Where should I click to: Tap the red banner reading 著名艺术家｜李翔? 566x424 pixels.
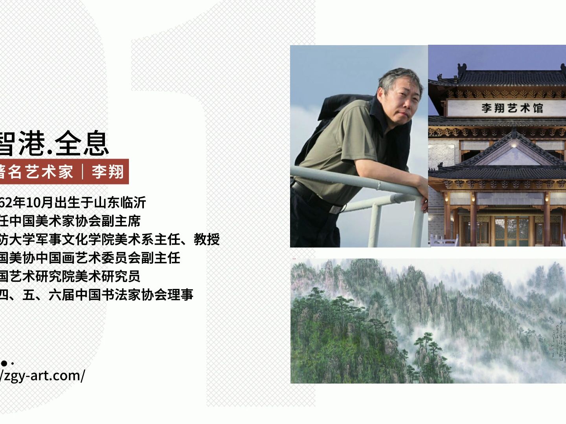tap(63, 172)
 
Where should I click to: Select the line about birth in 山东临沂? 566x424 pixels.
tap(73, 203)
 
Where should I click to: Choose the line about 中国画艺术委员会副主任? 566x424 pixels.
tap(90, 258)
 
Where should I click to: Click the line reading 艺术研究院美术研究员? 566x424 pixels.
tap(70, 276)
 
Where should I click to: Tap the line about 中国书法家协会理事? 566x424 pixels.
tap(96, 295)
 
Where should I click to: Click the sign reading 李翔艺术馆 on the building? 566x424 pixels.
tap(512, 108)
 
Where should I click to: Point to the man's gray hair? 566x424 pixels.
tap(393, 79)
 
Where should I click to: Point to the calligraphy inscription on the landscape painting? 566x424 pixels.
tap(558, 334)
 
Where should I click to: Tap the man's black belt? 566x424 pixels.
tap(311, 196)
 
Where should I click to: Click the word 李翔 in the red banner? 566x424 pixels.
tap(107, 172)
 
